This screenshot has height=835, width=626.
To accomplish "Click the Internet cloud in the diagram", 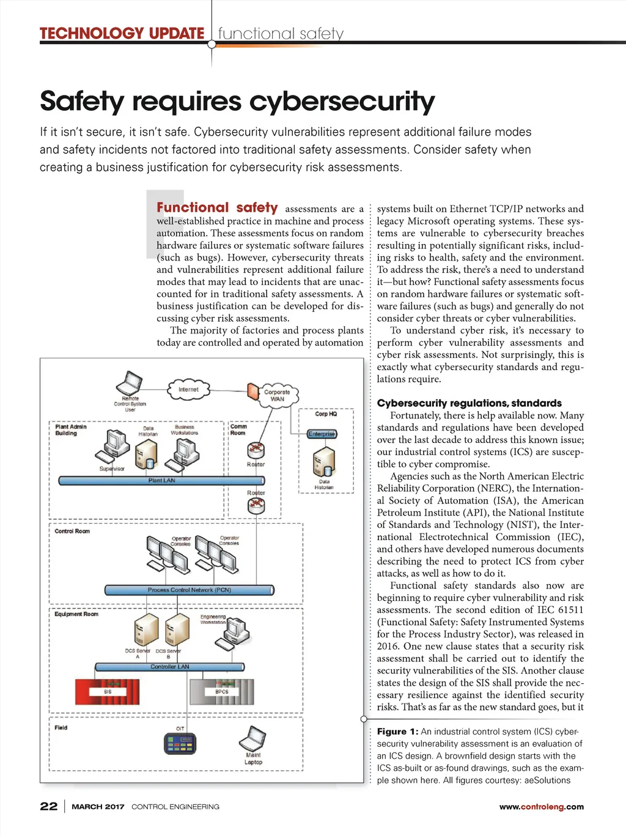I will pos(188,390).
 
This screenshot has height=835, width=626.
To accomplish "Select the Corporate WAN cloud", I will pos(277,395).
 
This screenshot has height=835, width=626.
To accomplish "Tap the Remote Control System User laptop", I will pos(130,383).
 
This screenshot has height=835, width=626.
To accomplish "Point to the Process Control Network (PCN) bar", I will pos(189,590).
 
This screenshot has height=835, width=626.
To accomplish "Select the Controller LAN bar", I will pos(169,667).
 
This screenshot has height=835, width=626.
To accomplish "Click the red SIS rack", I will pos(108,692).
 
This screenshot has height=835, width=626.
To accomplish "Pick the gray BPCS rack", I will pos(221,692).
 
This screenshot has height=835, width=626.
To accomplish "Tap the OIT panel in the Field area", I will pos(180,743).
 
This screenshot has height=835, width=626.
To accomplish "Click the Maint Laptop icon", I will pos(252,740).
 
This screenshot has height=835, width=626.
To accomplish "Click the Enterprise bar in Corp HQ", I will pos(322,434).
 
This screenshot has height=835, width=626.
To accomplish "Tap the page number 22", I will pos(49,806).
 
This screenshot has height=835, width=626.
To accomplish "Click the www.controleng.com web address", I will pos(541,807).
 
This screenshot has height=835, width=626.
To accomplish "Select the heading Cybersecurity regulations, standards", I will pos(469,403).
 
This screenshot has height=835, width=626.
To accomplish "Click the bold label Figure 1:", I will pos(397,732).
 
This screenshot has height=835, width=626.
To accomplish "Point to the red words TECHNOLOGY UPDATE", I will pos(122,34).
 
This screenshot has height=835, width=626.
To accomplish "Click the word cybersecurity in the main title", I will pos(342,102).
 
